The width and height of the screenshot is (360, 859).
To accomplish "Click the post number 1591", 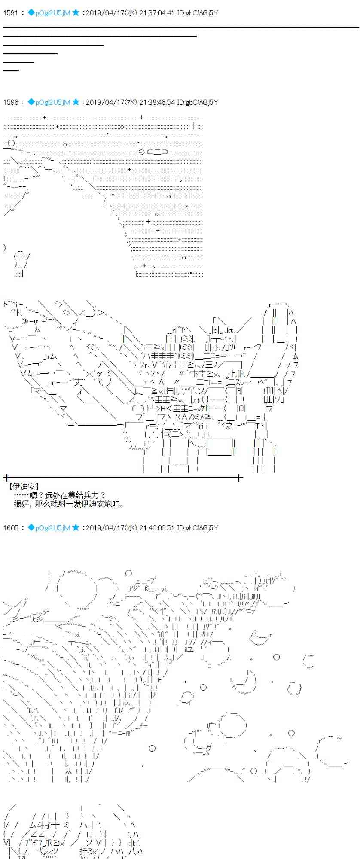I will (x=10, y=13).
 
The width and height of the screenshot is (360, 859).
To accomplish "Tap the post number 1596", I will (x=10, y=102).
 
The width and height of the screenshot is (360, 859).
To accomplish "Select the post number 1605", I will (x=10, y=527).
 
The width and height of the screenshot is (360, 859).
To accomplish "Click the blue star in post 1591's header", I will (x=76, y=13).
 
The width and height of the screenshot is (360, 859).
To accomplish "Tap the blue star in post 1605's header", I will (x=76, y=527).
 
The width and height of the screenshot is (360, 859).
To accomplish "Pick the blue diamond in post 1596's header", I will (x=31, y=102).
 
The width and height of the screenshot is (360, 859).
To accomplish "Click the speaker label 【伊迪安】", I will (x=24, y=486).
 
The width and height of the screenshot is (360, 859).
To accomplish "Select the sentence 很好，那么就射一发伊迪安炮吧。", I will (x=69, y=504).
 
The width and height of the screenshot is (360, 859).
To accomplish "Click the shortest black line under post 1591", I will (x=11, y=70).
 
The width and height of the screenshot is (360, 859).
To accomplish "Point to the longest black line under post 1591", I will (x=181, y=27).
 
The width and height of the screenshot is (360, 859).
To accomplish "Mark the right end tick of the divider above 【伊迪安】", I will (x=239, y=477).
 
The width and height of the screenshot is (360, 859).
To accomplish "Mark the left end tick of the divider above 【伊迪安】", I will (x=6, y=477).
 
